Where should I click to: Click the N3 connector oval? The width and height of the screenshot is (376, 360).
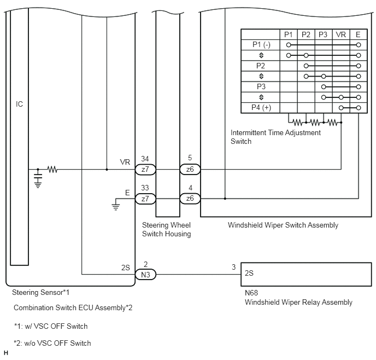[145, 274]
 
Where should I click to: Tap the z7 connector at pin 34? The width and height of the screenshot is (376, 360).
[145, 170]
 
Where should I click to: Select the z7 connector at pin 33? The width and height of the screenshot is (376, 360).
[145, 199]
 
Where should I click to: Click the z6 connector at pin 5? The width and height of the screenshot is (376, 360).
[190, 170]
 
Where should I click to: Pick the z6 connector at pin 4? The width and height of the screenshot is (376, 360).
[190, 199]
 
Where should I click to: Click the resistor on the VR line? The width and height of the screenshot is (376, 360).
[52, 170]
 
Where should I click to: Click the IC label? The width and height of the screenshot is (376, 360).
[19, 104]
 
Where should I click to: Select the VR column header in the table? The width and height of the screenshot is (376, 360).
[341, 35]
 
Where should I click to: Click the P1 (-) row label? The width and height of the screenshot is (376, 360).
[261, 45]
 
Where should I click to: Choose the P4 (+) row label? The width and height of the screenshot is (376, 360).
[261, 108]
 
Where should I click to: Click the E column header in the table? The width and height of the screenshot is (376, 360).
[358, 35]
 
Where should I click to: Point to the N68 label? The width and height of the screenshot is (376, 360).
[251, 293]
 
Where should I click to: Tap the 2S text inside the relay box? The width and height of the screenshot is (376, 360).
[249, 273]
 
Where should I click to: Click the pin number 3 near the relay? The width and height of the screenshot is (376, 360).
[234, 267]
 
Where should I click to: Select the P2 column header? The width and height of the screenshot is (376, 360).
[306, 35]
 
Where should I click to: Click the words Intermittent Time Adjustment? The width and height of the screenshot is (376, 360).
[275, 133]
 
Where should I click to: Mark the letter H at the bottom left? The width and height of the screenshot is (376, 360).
[6, 353]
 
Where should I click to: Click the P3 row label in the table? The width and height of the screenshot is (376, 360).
[261, 86]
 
